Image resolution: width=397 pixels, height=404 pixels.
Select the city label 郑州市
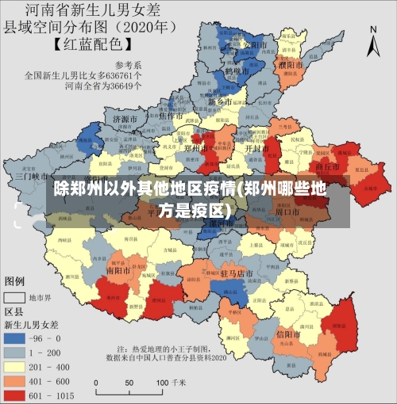tap(195, 148)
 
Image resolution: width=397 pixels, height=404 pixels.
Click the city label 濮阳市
tap(291, 63)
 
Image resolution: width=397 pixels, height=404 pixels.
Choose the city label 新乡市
tap(221, 102)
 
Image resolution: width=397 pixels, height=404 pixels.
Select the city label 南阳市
tap(118, 270)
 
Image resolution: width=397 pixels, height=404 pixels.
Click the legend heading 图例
tap(15, 281)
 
